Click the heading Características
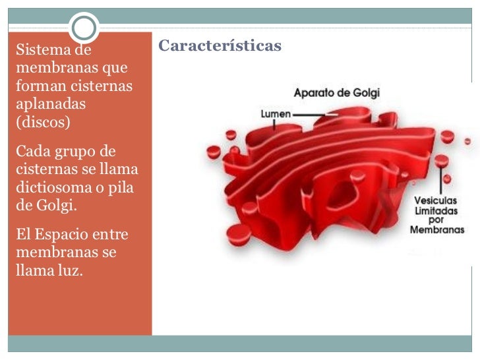(220, 46)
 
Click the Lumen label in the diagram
(276, 113)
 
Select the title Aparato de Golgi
(336, 93)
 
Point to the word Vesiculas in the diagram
(437, 201)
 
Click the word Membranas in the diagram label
(437, 230)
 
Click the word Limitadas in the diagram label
(437, 211)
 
